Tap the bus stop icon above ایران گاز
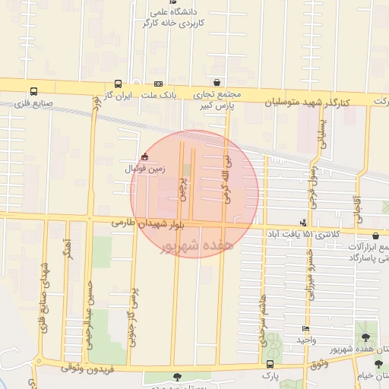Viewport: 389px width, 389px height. click(x=118, y=84)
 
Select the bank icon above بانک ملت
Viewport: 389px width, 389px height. click(x=158, y=84)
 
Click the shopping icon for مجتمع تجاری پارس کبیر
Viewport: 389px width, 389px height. click(x=218, y=82)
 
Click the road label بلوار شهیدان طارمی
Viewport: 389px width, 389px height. click(x=147, y=224)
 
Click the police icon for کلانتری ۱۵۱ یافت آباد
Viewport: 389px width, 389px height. click(x=304, y=223)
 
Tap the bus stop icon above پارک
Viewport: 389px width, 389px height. click(x=267, y=365)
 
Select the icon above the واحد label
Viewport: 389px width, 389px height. click(x=305, y=329)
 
